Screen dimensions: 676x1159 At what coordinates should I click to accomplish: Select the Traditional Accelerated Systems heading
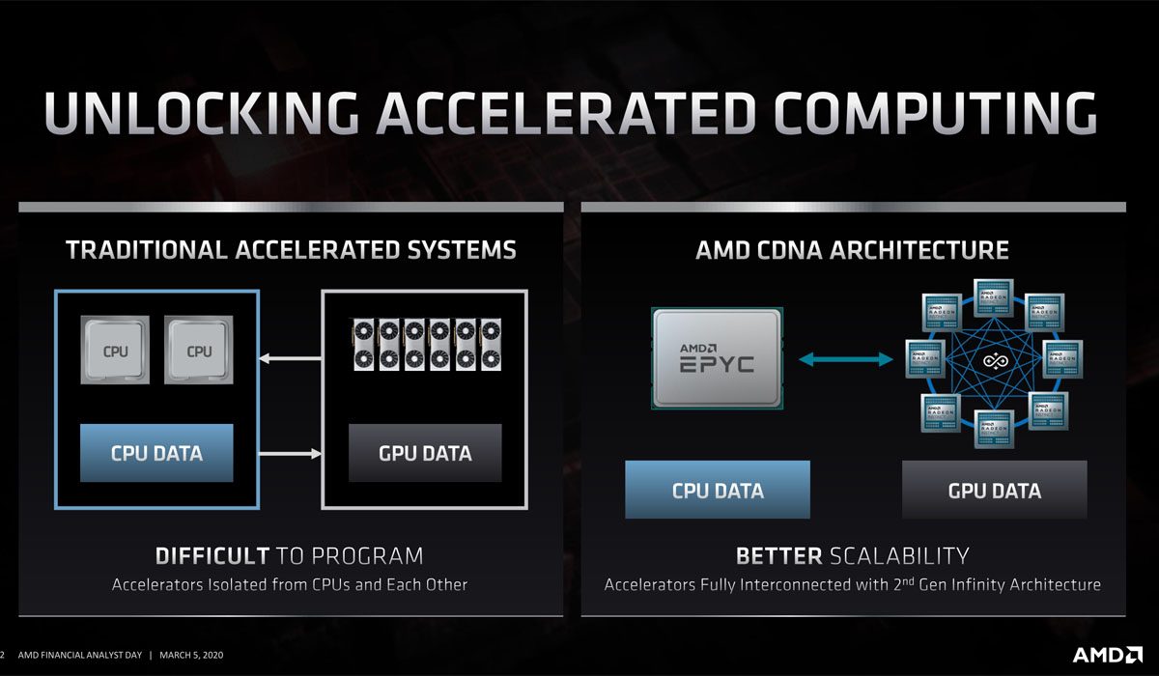[x=291, y=250]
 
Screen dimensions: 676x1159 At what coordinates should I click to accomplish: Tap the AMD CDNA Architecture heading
[x=852, y=250]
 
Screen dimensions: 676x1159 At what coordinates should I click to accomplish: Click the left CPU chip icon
[x=115, y=352]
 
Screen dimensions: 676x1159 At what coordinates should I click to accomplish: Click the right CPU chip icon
[x=199, y=352]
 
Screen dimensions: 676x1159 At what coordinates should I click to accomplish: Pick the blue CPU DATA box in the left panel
[x=156, y=452]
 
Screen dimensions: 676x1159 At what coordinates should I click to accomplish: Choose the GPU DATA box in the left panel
[x=425, y=452]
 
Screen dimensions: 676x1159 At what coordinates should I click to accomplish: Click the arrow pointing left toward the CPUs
[x=290, y=360]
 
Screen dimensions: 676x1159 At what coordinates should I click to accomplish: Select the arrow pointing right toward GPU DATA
[x=290, y=453]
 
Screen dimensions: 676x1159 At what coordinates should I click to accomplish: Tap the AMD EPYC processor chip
[x=716, y=358]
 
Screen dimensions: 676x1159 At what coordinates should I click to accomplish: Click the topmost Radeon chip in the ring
[x=994, y=295]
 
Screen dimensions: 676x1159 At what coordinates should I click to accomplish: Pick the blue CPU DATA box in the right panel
[x=718, y=490]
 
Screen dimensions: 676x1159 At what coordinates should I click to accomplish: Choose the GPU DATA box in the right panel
[x=995, y=490]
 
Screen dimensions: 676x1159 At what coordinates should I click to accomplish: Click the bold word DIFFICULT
[x=212, y=555]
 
